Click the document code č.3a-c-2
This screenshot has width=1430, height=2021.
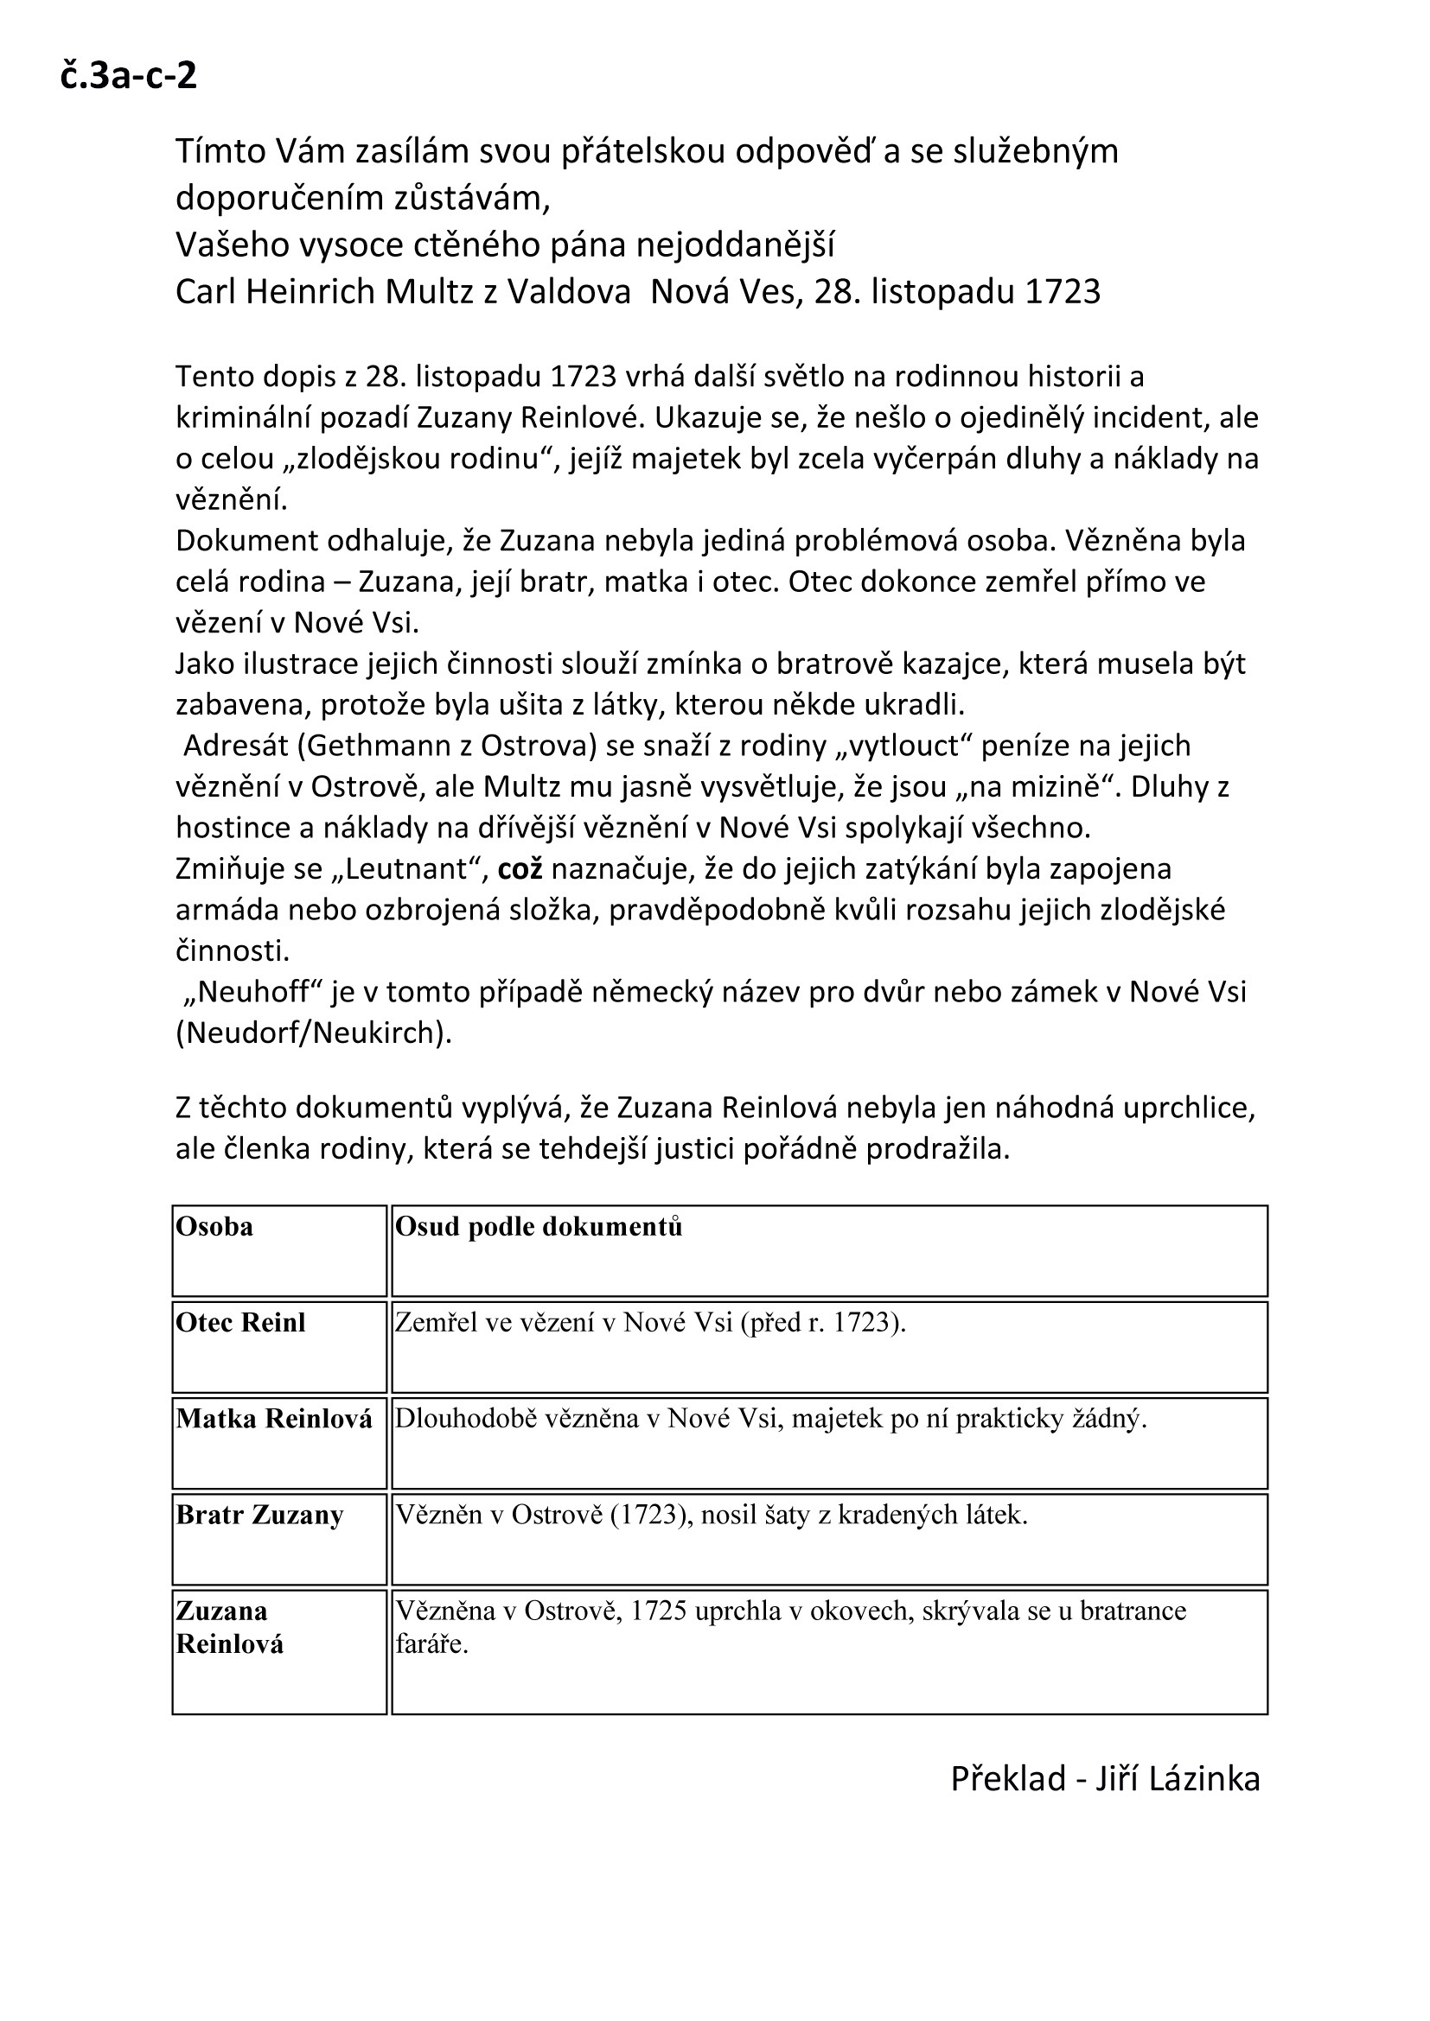coord(129,77)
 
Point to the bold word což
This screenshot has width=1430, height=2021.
coord(520,870)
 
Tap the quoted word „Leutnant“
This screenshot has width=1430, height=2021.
coord(412,870)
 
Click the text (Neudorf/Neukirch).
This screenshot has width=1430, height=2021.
coord(314,1033)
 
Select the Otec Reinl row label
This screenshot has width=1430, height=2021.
coord(240,1323)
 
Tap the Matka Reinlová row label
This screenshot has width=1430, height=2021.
coord(274,1419)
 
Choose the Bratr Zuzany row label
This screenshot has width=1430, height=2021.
coord(259,1515)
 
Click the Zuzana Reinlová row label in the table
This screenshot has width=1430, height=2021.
coord(229,1628)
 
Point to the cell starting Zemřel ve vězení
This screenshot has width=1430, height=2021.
coord(650,1323)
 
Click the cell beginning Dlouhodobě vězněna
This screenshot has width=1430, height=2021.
coord(770,1419)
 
